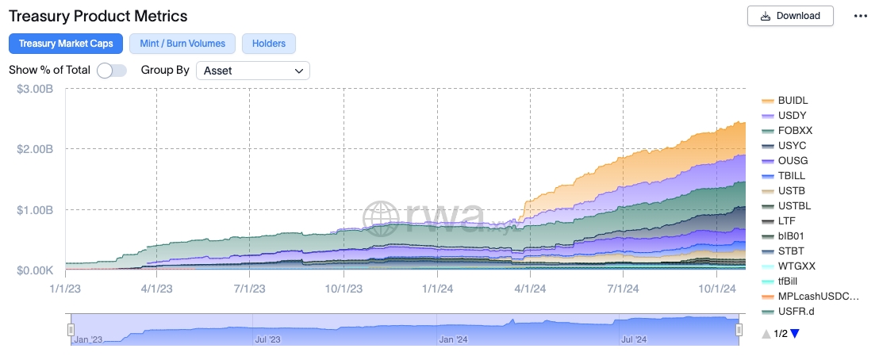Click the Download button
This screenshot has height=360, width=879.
790,16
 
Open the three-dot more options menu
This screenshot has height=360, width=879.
861,16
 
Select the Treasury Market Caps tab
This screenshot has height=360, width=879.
66,43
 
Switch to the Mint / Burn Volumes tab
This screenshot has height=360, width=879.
182,43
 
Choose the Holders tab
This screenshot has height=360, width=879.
268,43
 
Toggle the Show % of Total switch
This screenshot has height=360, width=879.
112,71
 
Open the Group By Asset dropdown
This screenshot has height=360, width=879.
253,71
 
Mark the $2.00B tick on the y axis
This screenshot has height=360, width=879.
35,149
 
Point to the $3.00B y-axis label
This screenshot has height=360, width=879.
35,89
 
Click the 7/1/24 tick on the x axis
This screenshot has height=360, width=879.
624,289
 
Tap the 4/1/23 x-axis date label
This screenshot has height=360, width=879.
156,289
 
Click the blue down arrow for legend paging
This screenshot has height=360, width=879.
794,334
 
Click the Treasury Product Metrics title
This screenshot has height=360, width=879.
98,16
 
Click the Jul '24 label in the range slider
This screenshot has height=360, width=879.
634,339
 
